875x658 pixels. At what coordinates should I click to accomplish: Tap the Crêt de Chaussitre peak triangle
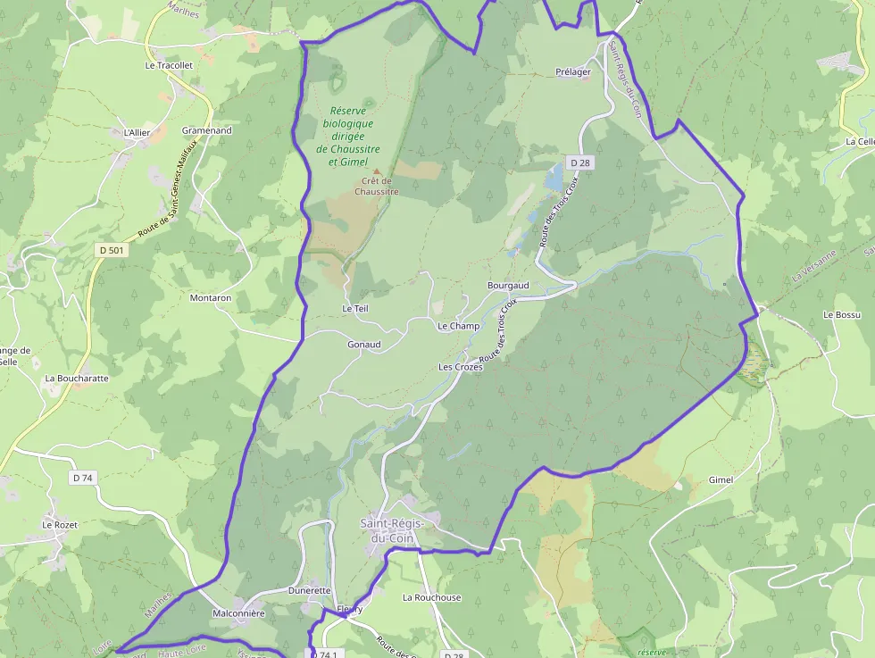tap(376, 171)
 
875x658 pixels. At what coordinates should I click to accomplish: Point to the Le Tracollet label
tap(169, 66)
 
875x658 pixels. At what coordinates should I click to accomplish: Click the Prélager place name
tap(573, 72)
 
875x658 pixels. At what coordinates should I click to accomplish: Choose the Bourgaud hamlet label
tap(508, 286)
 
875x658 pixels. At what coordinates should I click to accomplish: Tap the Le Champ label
tap(458, 327)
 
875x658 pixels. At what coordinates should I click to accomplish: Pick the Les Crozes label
tap(461, 367)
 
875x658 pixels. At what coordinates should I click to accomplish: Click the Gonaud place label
tap(364, 345)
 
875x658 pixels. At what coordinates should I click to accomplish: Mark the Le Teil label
tap(354, 308)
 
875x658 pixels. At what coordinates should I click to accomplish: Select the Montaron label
tap(211, 298)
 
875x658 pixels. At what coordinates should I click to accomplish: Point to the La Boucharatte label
tap(77, 379)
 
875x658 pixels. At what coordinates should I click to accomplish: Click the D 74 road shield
tap(82, 479)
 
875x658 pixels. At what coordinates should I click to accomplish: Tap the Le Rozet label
tap(60, 525)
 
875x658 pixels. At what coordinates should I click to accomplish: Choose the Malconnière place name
tap(238, 614)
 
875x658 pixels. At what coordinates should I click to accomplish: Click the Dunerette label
tap(310, 591)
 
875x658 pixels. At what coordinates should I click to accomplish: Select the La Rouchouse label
tap(432, 598)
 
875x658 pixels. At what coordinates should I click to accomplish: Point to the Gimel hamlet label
tap(721, 480)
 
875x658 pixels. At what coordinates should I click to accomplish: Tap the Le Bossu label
tap(842, 315)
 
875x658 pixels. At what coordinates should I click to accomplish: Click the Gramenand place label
tap(206, 130)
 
